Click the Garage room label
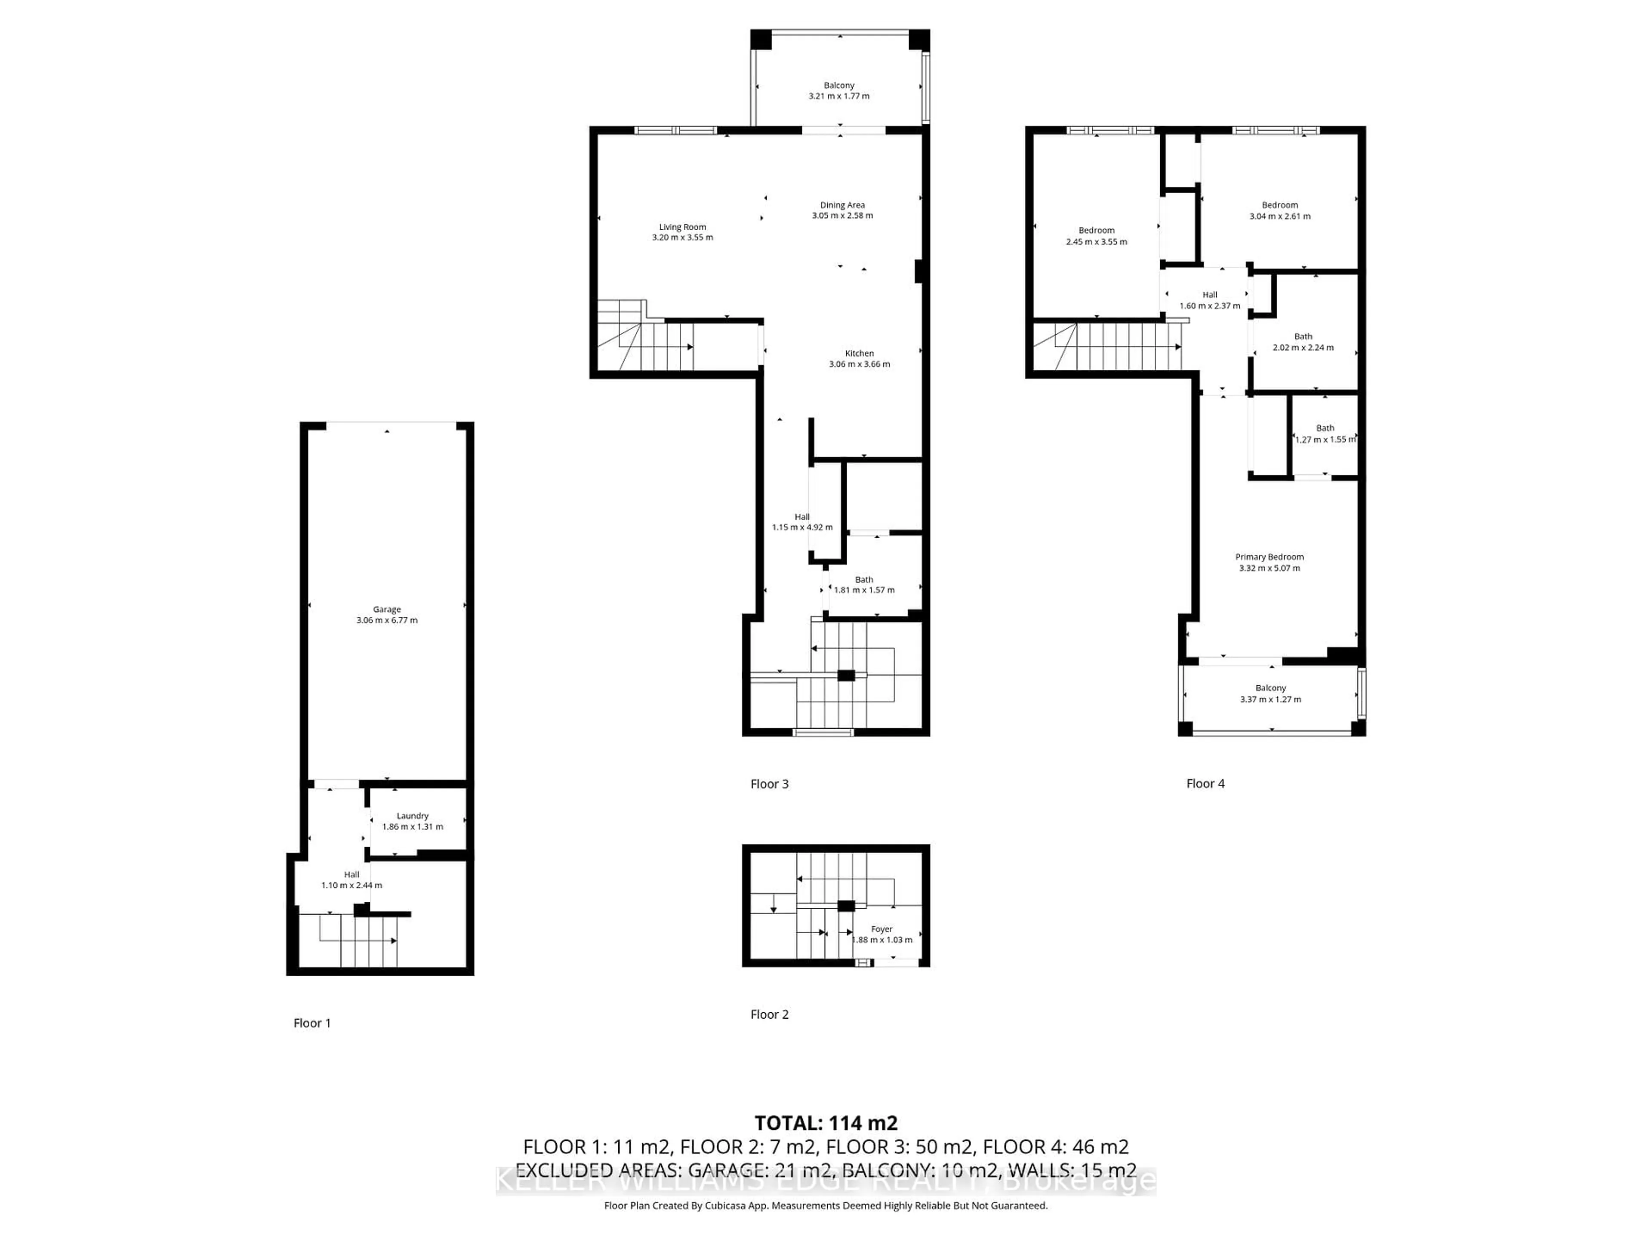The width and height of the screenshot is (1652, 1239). [x=387, y=610]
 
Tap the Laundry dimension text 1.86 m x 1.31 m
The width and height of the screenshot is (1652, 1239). [x=412, y=827]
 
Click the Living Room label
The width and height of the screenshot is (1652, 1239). [x=682, y=227]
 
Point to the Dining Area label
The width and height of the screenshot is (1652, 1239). [x=842, y=205]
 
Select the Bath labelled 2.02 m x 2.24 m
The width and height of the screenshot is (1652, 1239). [x=1303, y=342]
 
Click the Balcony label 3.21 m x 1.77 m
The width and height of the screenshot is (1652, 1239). [x=839, y=90]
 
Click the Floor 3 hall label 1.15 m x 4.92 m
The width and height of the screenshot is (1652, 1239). [x=801, y=522]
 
